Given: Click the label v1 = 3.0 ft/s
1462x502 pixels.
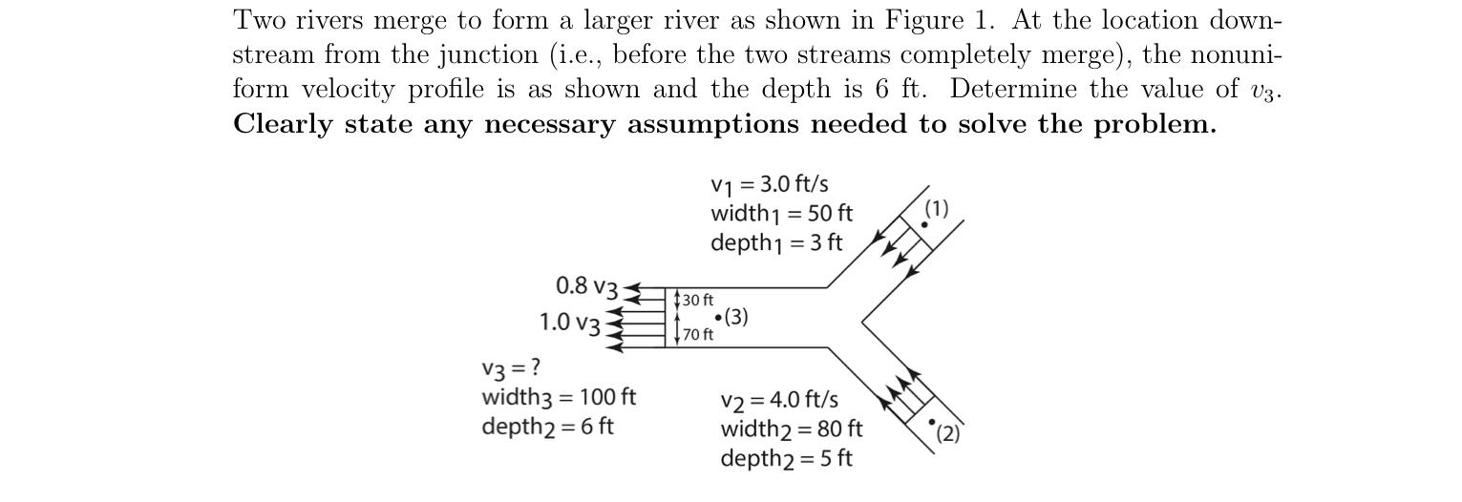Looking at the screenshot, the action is [769, 184].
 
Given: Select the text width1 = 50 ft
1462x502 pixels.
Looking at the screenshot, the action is [781, 213].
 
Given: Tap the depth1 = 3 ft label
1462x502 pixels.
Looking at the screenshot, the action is [776, 242].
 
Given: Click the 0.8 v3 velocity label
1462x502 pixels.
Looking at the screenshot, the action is [587, 286].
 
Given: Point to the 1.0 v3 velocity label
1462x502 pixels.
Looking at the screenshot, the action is [570, 323].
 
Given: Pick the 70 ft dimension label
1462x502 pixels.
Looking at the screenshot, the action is [697, 334].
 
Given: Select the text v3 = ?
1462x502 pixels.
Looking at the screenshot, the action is [511, 367].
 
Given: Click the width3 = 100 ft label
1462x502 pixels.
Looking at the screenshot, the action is [559, 396].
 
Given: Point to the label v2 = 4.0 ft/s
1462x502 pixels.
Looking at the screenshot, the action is [779, 399].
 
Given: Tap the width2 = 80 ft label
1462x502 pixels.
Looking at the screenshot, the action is [791, 429].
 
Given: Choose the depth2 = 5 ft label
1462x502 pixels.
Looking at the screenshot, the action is [786, 458].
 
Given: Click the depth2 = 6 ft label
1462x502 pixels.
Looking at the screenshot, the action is [547, 426].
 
